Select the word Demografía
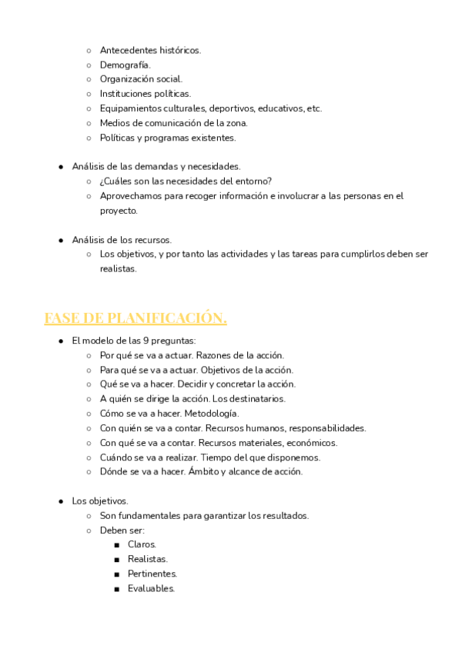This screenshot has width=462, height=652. [125, 65]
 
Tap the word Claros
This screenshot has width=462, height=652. [142, 544]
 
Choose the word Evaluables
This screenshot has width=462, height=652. [151, 589]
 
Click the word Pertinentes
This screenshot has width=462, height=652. [152, 574]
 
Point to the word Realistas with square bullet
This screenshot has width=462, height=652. [148, 559]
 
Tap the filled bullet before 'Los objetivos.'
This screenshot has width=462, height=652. [61, 501]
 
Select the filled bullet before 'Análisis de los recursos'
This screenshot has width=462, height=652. [61, 240]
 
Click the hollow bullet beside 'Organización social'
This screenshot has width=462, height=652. [89, 79]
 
